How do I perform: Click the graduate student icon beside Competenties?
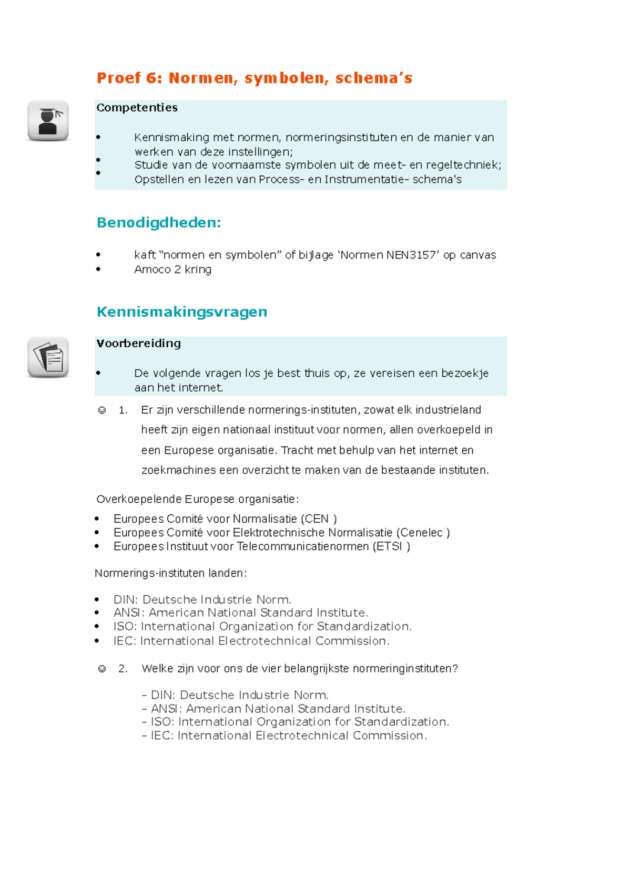point(48,121)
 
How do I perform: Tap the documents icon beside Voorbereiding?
point(48,357)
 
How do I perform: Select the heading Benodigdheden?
point(159,223)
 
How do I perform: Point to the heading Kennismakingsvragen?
point(182,312)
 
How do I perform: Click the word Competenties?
point(137,108)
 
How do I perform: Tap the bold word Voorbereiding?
point(138,344)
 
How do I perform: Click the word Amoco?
point(152,269)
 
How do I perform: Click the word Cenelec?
point(421,533)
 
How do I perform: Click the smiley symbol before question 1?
point(102,410)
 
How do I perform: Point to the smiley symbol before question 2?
point(102,669)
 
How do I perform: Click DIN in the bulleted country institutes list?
point(125,600)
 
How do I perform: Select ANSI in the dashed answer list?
point(165,709)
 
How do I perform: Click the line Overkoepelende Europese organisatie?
point(197,499)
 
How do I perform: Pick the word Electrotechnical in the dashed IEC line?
point(302,735)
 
